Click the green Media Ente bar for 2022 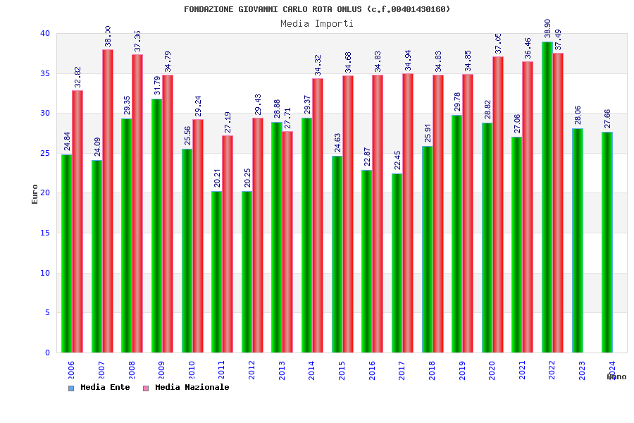(547, 197)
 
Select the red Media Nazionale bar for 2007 (108, 201)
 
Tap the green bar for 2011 (216, 271)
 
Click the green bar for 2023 (577, 240)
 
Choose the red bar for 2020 (498, 204)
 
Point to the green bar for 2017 (397, 263)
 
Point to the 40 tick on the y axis (45, 33)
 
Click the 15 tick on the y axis (45, 233)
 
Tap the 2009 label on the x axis (161, 371)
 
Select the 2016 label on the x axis (372, 371)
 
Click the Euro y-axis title (35, 194)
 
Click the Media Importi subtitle (317, 23)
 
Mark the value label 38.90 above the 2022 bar (547, 29)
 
